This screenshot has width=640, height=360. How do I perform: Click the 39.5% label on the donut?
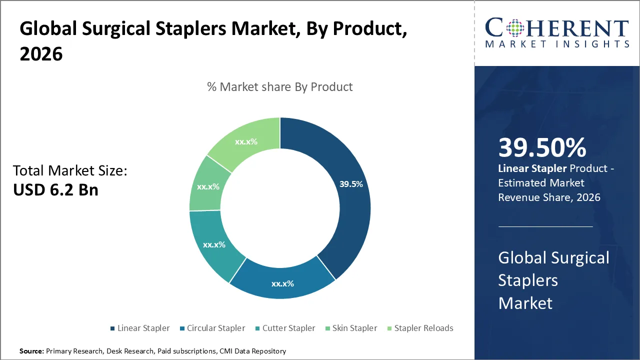tap(351, 184)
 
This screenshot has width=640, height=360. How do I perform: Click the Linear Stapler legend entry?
tap(139, 328)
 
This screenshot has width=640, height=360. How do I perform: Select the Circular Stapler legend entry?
tap(211, 328)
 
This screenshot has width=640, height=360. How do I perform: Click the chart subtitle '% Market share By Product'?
tap(279, 86)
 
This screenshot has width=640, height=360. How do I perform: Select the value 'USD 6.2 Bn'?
tap(55, 189)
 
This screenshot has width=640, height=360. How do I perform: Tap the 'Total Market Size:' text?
tap(70, 170)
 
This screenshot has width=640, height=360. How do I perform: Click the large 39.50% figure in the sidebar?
tap(542, 148)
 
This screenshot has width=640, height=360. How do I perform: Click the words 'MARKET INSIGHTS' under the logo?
tap(557, 44)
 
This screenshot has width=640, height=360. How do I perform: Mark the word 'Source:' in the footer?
tap(31, 351)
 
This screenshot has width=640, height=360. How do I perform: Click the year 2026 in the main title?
tap(41, 53)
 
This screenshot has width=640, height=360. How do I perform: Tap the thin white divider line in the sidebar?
tap(545, 226)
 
